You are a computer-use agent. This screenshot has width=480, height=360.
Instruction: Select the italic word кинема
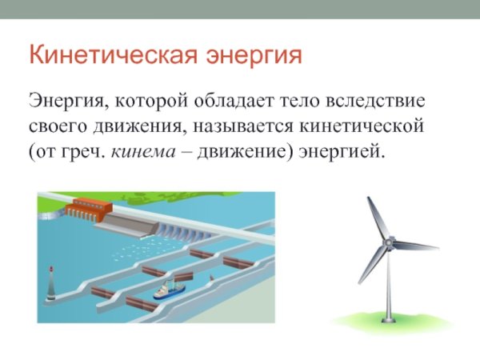pyautogui.click(x=153, y=150)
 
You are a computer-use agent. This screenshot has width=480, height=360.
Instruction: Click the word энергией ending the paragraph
pyautogui.click(x=346, y=150)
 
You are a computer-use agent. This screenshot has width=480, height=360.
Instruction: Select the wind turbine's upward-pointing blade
pyautogui.click(x=378, y=217)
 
